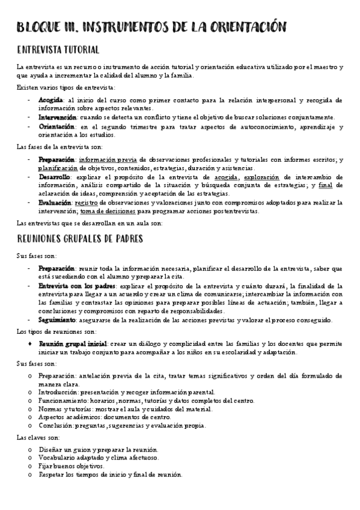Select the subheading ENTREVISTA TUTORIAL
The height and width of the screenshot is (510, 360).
pos(58,49)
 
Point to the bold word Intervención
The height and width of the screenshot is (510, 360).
pos(58,117)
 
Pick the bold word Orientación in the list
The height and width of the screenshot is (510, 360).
pos(56,127)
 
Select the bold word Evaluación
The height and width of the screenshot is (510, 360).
pos(55,203)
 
